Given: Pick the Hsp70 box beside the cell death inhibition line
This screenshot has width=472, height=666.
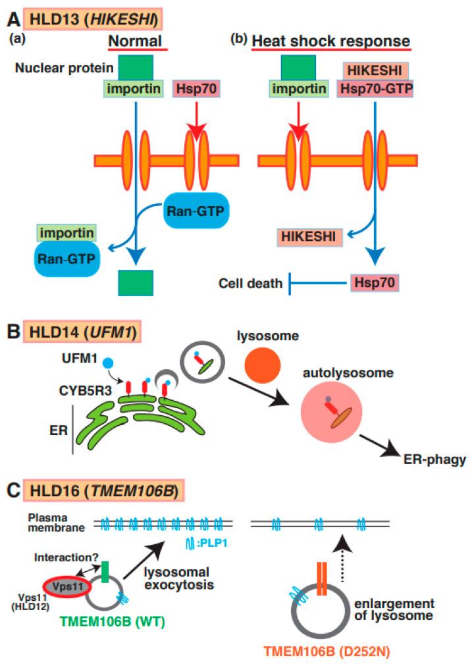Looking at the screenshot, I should (373, 284).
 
